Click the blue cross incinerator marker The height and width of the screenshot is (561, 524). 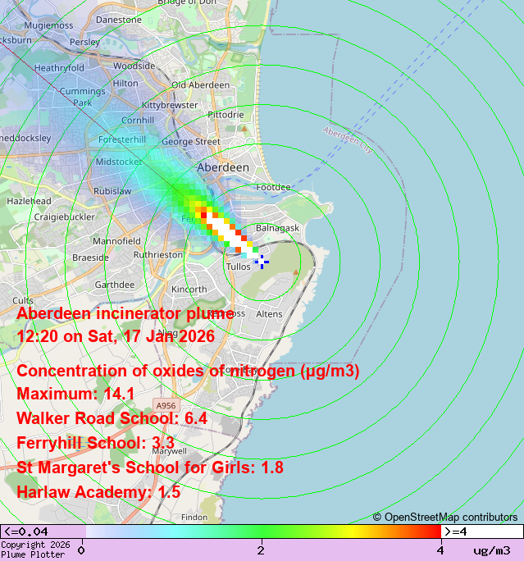tap(262, 262)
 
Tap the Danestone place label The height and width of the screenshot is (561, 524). tap(118, 19)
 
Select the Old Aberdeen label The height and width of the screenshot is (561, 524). tap(201, 84)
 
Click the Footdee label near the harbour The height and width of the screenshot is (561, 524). tap(273, 187)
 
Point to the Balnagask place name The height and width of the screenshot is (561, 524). tap(278, 227)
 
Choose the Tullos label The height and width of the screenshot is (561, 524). tap(238, 267)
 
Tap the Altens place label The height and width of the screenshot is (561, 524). tap(269, 314)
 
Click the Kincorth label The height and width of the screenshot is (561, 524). tap(189, 290)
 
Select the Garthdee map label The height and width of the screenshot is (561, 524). tap(114, 285)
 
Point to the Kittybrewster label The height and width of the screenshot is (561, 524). tap(169, 106)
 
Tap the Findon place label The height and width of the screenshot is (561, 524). tap(194, 518)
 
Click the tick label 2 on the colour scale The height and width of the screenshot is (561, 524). tap(261, 550)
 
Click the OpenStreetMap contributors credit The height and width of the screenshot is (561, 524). tap(446, 517)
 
